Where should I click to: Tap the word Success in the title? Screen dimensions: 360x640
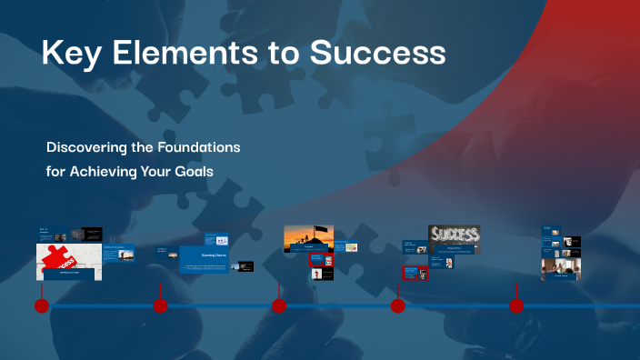coord(378,54)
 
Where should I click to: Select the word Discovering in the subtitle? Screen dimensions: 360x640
coord(89,146)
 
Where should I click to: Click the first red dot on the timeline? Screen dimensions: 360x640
coord(41,306)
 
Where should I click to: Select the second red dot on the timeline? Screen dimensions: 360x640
coord(160,306)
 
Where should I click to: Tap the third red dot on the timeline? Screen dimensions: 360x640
coord(279,306)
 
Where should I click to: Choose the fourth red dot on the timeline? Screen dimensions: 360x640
coord(397,306)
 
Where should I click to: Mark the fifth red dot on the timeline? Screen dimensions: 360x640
coord(516,306)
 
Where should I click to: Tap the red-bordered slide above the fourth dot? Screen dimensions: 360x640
coord(415,273)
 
